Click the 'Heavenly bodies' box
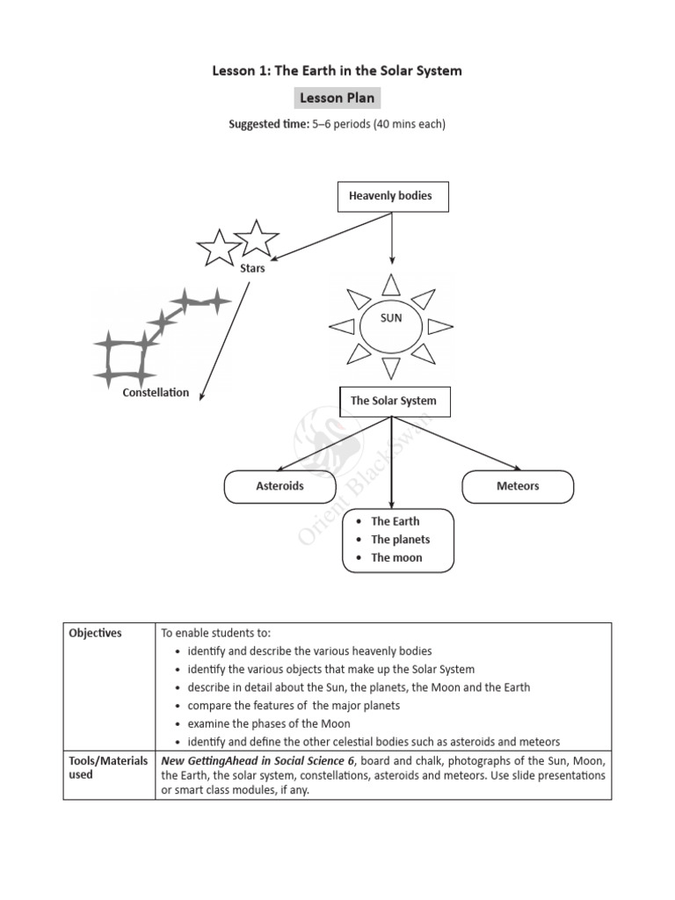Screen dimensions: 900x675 point(392,196)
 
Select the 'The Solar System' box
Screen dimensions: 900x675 point(393,401)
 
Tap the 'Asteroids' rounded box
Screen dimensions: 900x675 point(279,486)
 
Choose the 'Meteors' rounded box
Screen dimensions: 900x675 point(518,486)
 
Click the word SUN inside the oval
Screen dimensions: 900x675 point(391,318)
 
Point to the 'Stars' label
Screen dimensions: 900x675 point(252,269)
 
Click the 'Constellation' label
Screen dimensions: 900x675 point(156,393)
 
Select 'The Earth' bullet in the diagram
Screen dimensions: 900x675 point(395,521)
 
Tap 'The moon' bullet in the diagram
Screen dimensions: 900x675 point(396,557)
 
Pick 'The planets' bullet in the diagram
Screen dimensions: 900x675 point(400,540)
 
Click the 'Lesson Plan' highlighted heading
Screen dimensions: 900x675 point(337,98)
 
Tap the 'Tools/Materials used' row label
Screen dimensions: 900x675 point(108,767)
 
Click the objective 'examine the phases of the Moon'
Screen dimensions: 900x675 point(268,723)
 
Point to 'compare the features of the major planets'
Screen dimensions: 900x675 point(294,706)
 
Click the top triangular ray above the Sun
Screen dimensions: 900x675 point(391,284)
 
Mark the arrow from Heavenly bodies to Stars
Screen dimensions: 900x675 point(334,236)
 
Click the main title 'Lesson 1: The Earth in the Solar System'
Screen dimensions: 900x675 point(337,70)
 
